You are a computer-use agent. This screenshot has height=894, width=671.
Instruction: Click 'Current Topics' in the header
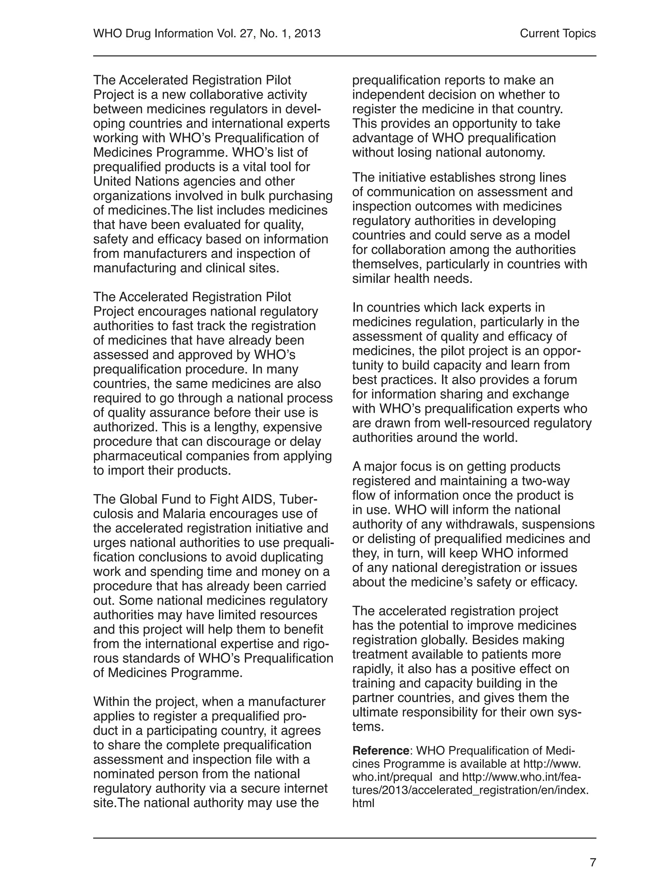pos(557,33)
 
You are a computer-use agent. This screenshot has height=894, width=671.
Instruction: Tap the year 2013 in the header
pos(307,33)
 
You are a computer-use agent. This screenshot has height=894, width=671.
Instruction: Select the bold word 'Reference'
pos(380,751)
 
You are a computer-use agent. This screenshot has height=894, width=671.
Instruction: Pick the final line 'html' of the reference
pos(363,803)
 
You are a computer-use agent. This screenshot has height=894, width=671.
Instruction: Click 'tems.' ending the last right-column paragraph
pos(368,727)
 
